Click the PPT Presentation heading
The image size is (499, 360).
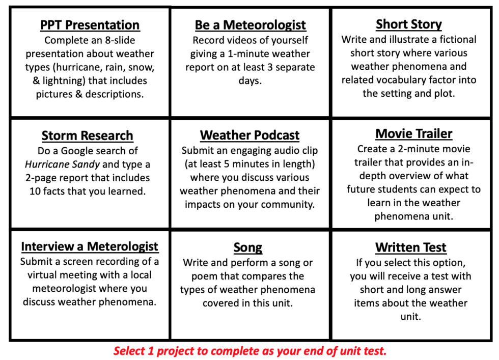[90, 25]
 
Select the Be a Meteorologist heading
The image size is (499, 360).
[250, 25]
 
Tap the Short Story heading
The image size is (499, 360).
[409, 24]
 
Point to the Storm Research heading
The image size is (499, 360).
[87, 136]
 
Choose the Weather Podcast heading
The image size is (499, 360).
[249, 135]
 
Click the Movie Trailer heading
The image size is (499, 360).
[413, 134]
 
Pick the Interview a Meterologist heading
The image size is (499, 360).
[90, 246]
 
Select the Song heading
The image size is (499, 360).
[247, 248]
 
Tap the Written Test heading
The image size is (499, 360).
[410, 248]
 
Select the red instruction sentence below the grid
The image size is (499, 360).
[249, 351]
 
